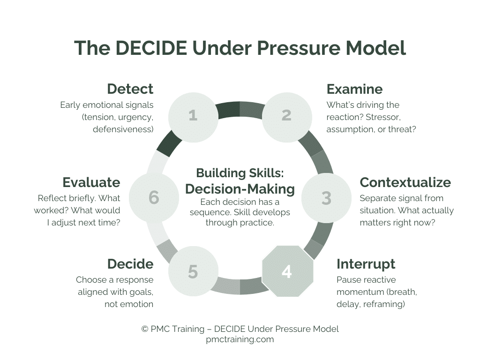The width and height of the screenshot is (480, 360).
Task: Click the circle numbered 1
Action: [x=193, y=115]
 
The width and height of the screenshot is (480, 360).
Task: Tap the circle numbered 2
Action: [x=286, y=115]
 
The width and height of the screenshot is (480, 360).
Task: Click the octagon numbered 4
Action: [x=287, y=271]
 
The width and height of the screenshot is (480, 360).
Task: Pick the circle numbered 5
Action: [x=193, y=271]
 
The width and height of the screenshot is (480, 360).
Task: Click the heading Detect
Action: [x=130, y=89]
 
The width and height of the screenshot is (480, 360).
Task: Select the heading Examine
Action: [x=354, y=89]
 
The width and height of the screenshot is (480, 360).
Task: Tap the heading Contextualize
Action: [x=405, y=182]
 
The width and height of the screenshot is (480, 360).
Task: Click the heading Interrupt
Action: [x=366, y=264]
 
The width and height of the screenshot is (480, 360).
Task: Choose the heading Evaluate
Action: [x=91, y=182]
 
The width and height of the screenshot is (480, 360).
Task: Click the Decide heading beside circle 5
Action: [x=130, y=264]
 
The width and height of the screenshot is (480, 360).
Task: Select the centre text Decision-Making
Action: [x=240, y=189]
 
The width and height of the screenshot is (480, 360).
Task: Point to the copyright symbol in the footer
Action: [x=145, y=329]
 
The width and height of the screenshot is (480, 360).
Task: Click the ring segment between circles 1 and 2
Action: [x=240, y=109]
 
